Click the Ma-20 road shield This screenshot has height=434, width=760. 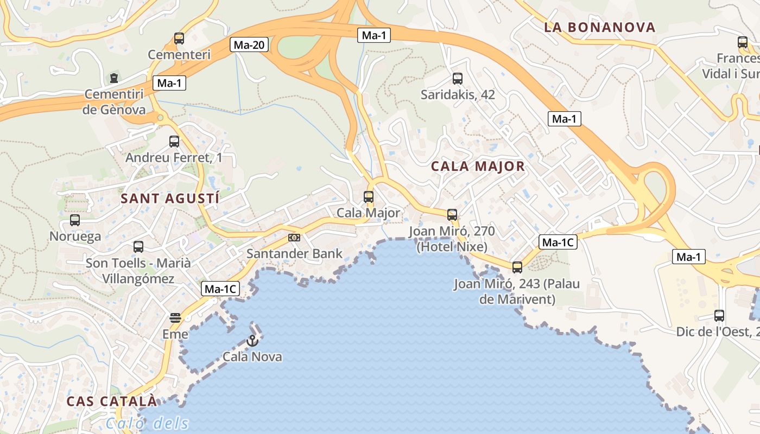point(250,44)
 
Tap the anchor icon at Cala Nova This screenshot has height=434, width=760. point(252,341)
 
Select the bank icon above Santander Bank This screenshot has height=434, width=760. point(294,238)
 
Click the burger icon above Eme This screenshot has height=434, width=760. point(175,318)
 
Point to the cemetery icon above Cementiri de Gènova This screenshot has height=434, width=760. point(114,78)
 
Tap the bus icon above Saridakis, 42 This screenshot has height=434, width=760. point(458,79)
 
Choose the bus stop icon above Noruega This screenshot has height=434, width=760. point(75,220)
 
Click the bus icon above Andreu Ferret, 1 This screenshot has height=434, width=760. point(174,142)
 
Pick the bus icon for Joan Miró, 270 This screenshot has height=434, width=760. point(452,215)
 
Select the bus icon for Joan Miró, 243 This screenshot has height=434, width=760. point(517,267)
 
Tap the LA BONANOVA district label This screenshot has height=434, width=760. point(600,27)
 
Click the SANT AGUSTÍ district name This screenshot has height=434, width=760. point(170,199)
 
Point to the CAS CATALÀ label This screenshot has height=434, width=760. point(112,401)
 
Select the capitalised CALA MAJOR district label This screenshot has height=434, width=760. point(478,167)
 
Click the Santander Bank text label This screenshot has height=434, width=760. point(295,253)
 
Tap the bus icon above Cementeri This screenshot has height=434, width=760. point(179,39)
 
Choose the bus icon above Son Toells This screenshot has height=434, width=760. point(138,247)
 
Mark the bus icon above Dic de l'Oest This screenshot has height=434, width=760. point(719,316)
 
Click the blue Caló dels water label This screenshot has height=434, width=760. point(148,423)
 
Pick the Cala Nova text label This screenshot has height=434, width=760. point(252,356)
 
